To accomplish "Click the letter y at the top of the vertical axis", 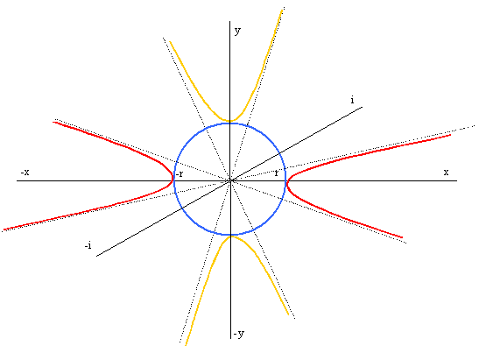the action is click(x=237, y=32).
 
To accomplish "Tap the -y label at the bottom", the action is click(x=239, y=334).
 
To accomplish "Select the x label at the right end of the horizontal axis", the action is click(x=446, y=173).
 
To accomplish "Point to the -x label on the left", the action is click(x=25, y=173).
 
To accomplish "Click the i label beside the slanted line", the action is click(x=353, y=100).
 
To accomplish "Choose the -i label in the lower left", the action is click(x=88, y=245).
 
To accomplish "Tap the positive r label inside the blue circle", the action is click(x=277, y=173).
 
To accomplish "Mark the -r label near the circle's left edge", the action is click(x=180, y=174).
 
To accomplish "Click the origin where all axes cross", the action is click(x=230, y=180).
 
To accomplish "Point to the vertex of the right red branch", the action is click(x=287, y=183).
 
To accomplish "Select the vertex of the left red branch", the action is click(x=173, y=180).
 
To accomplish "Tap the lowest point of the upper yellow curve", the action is click(x=230, y=121).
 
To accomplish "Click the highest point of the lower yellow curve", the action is click(x=231, y=236).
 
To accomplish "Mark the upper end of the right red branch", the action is click(x=451, y=135).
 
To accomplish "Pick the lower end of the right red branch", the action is click(x=402, y=237).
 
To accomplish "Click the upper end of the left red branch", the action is click(x=53, y=123).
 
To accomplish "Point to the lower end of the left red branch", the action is click(x=4, y=229).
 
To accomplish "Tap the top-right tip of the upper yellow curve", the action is click(x=282, y=11).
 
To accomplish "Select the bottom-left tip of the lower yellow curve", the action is click(x=186, y=345).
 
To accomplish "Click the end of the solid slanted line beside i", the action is click(x=363, y=107).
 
